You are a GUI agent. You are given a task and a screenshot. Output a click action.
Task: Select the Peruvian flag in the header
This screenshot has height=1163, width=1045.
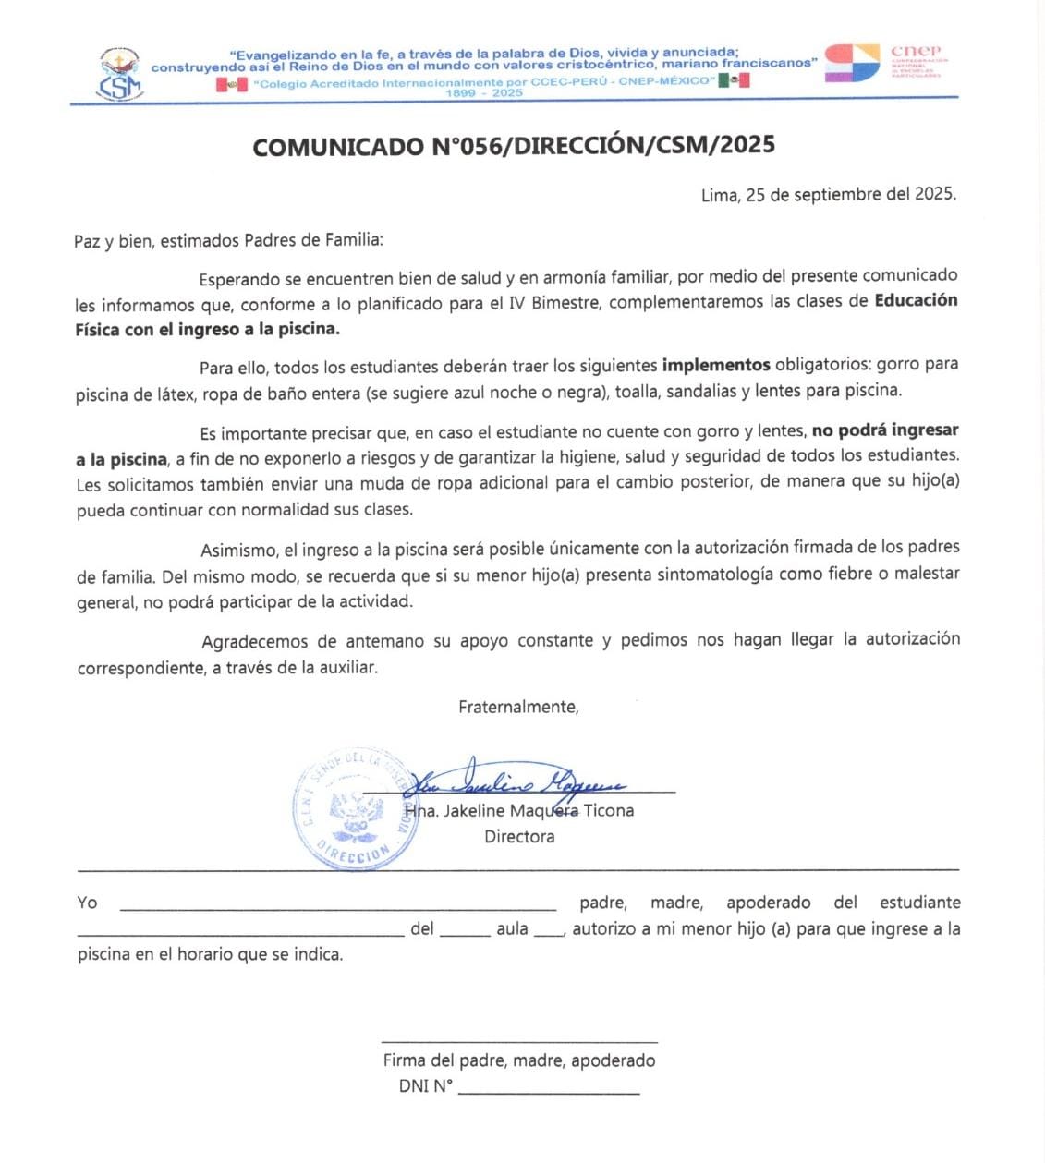point(231,84)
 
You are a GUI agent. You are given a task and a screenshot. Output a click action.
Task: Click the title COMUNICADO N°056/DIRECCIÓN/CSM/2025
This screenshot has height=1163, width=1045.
point(514,145)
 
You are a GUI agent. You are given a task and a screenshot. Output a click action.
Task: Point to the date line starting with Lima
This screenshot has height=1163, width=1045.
point(828,194)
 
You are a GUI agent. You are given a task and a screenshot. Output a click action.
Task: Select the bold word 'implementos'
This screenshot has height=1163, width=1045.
point(716,364)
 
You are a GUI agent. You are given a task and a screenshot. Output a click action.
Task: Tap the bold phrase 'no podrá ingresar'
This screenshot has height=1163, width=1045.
point(884,430)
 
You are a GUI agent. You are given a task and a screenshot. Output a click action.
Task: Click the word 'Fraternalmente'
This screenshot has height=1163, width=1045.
point(518,707)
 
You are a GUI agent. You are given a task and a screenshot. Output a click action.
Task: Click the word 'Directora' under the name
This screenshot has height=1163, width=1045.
point(519,836)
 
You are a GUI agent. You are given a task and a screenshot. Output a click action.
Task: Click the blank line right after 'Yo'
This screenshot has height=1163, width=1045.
point(338,907)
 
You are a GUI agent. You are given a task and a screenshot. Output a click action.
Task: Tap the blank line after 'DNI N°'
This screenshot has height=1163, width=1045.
point(549,1090)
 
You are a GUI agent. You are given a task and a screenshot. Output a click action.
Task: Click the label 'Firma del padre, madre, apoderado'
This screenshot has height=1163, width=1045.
point(519,1060)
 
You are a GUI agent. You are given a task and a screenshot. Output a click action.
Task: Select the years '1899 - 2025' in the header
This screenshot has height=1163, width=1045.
point(484,93)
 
